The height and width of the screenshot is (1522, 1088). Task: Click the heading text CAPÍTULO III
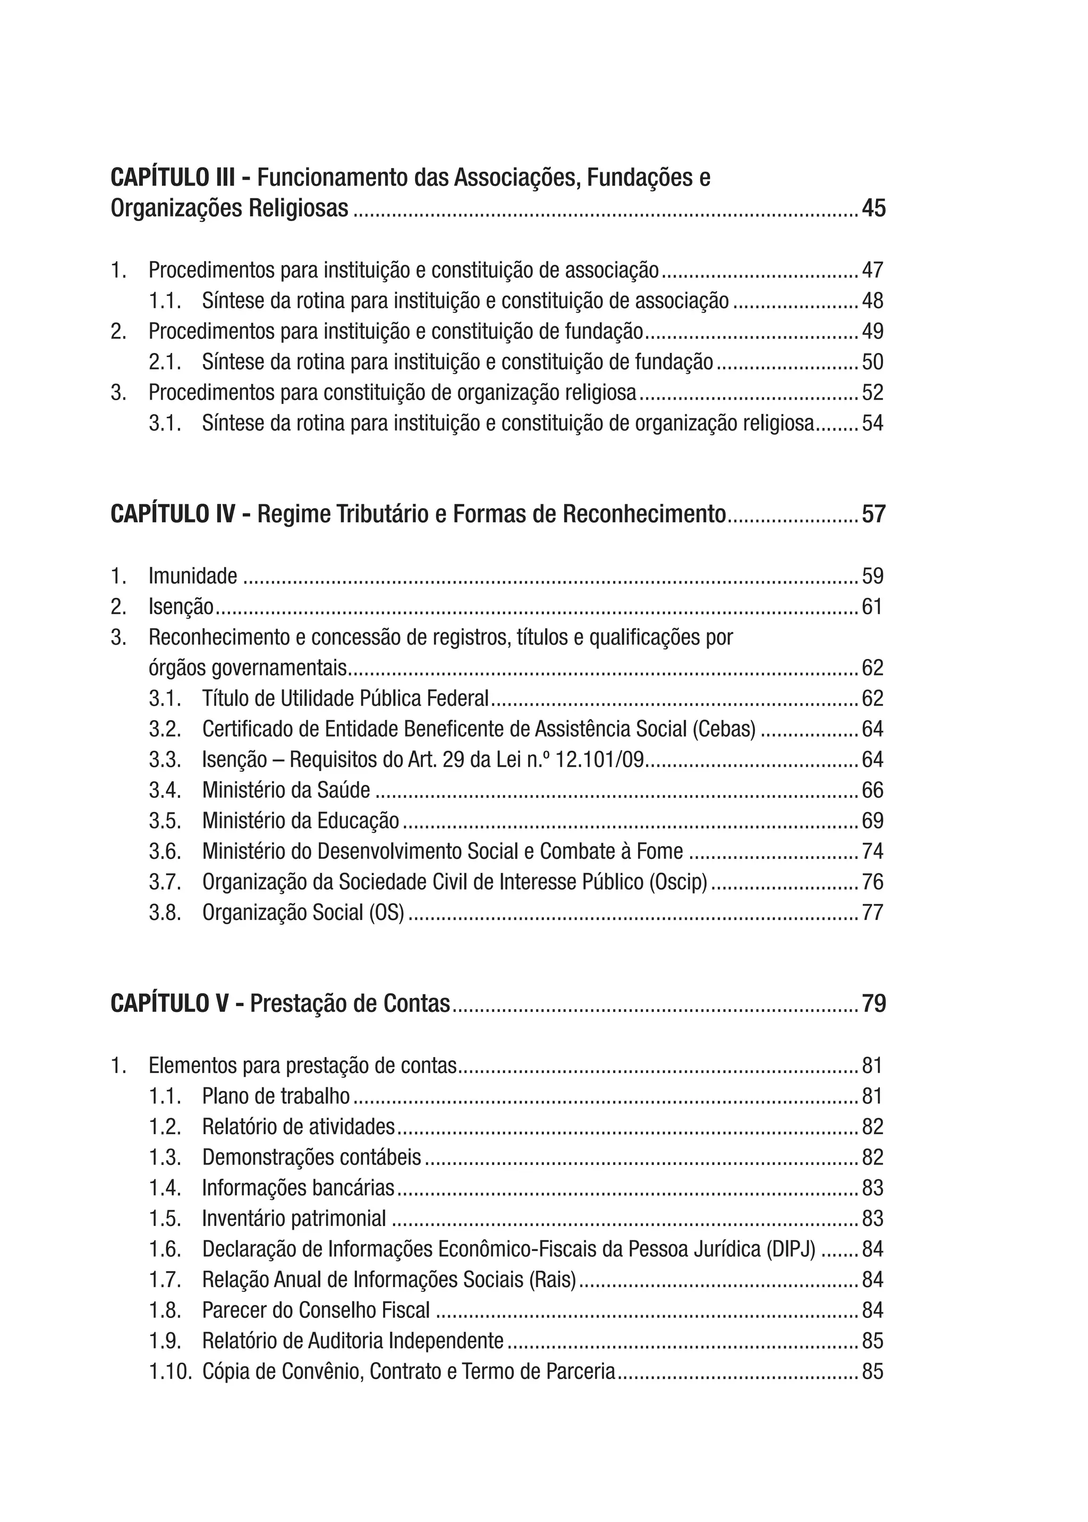tap(172, 178)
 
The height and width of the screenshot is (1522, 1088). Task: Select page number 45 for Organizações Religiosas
tap(873, 209)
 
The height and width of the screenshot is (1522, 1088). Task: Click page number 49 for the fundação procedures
tap(872, 332)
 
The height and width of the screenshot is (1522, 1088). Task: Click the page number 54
tap(872, 424)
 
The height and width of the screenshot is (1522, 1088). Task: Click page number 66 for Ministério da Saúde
tap(872, 791)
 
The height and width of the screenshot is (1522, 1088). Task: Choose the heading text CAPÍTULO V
tap(169, 1004)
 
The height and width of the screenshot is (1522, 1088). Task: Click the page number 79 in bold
tap(873, 1004)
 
